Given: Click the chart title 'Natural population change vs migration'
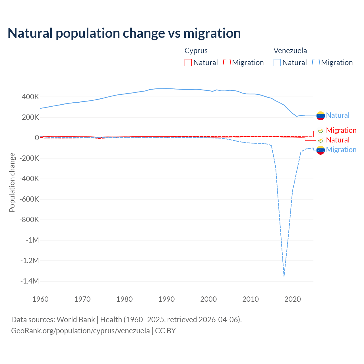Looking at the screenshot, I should pos(124,33).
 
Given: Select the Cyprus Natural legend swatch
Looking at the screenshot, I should pos(188,63).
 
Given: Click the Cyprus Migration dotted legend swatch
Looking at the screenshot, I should pos(227,63).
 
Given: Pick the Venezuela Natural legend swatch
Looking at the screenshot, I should pos(277,63).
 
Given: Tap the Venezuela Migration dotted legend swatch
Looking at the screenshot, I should pos(316,63).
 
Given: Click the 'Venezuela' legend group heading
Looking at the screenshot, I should pos(290,51).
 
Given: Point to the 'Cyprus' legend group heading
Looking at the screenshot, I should pos(196,51).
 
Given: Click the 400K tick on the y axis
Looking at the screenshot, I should pos(30,97).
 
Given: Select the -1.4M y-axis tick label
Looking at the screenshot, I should pos(29,281).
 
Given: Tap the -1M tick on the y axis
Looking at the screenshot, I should pos(32,240).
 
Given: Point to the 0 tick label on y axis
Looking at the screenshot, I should pos(37,138).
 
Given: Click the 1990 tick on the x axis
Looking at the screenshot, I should pos(166,299).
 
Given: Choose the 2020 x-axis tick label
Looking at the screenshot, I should pos(292,299).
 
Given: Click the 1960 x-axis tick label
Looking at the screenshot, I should pos(40,299).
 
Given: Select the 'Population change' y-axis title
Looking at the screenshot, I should pos(12,182).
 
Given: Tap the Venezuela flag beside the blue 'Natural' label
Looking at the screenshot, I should pos(320,115).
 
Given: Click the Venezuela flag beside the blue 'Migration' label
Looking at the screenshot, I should pos(320,150).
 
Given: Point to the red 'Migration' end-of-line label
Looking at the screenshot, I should pos(341,130).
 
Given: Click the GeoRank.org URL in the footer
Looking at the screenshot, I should pos(80,331).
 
